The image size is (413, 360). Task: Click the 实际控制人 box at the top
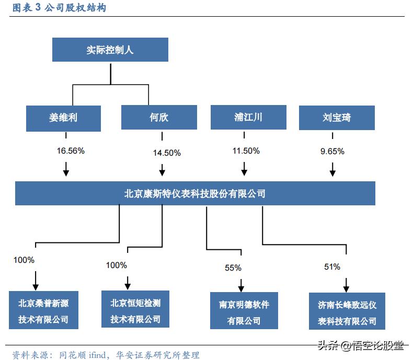click(x=110, y=50)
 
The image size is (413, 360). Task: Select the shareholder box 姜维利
click(x=63, y=118)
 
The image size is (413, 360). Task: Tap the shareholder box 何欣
click(x=159, y=118)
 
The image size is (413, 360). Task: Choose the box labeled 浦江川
click(x=248, y=117)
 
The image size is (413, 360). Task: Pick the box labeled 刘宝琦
click(x=337, y=118)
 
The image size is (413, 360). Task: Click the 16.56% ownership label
click(x=71, y=150)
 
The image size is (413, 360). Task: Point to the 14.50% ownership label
click(x=167, y=153)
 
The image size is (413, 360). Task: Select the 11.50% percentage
click(x=246, y=150)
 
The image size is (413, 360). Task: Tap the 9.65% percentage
click(x=332, y=151)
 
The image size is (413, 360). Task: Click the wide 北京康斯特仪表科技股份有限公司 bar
click(x=195, y=193)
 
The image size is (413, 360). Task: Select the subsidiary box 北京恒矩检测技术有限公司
click(x=135, y=310)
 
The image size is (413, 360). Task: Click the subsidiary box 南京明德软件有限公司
click(x=244, y=312)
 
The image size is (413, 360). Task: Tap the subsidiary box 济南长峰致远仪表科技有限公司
click(x=347, y=312)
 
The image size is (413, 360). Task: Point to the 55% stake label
click(x=233, y=268)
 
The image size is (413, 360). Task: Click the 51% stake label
click(x=332, y=267)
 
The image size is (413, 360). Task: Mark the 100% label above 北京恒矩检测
click(x=117, y=265)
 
